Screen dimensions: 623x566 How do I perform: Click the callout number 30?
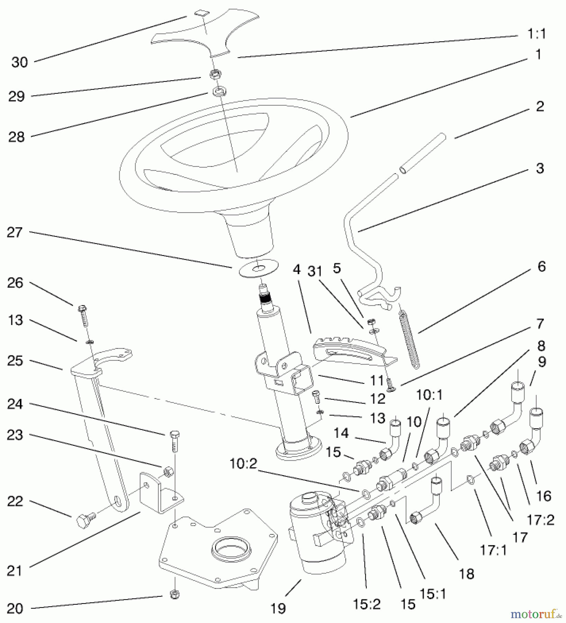(x=19, y=63)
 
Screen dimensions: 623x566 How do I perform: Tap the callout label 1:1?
(x=536, y=34)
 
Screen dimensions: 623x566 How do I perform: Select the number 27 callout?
(x=15, y=232)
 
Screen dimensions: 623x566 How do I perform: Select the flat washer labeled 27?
(x=258, y=268)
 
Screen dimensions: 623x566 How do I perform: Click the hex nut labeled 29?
(x=216, y=74)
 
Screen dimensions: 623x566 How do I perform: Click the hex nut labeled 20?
(x=175, y=595)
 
